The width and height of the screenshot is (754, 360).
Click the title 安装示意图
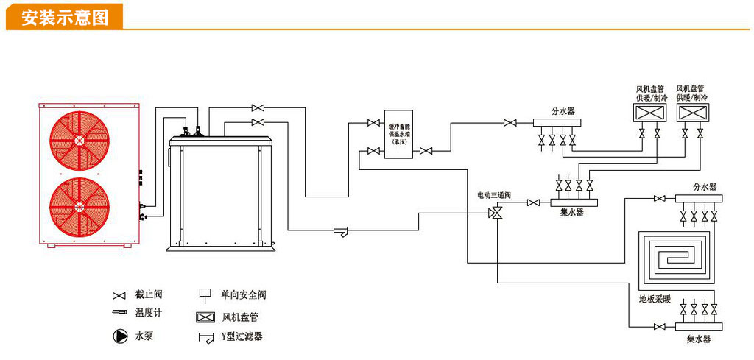(65, 17)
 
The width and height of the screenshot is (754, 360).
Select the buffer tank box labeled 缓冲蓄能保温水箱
(399, 135)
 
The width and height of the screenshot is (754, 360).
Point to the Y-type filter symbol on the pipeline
(340, 231)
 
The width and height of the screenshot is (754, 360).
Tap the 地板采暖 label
(655, 299)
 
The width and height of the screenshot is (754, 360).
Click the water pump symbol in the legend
(119, 336)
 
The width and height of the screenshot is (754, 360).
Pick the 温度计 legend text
(148, 313)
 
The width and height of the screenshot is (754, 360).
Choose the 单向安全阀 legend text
(243, 295)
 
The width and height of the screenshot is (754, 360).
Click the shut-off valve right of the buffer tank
(426, 152)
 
